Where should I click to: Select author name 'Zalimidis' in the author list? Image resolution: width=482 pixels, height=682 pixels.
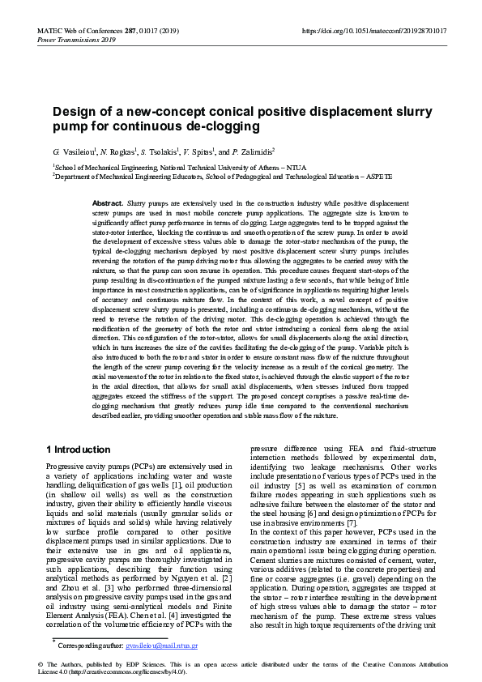coord(253,151)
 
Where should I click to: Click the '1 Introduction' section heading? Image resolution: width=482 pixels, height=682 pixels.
coord(79,449)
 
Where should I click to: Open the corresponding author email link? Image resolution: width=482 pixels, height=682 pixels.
coord(162,646)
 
